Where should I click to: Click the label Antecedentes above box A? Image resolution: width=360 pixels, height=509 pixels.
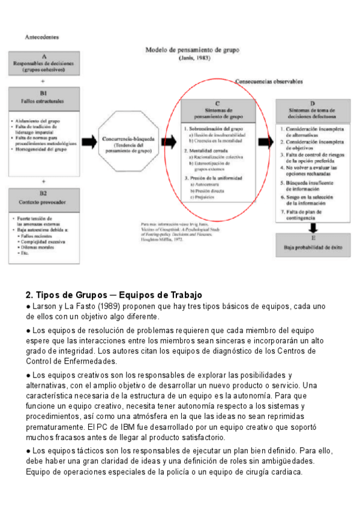(42, 37)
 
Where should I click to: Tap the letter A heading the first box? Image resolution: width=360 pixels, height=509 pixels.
(44, 55)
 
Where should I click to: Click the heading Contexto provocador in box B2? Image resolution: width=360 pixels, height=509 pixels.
(44, 200)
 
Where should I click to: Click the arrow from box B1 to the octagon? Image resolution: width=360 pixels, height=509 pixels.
(89, 142)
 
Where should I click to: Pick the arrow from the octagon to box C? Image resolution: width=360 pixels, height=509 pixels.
(169, 142)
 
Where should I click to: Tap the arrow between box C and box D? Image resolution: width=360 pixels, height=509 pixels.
(265, 142)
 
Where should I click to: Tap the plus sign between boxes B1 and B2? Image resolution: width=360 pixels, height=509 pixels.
(43, 180)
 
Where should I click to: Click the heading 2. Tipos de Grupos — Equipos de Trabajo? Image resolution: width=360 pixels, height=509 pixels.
(114, 295)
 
